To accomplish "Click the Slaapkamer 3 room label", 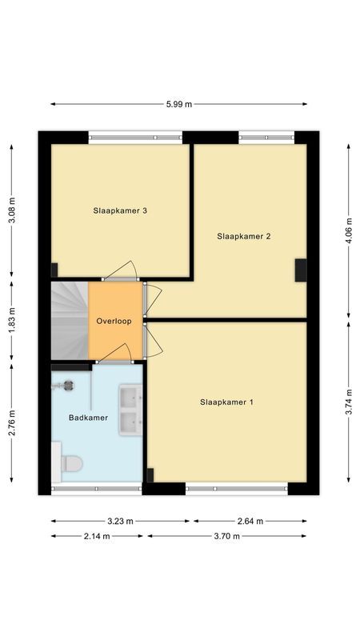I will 121,211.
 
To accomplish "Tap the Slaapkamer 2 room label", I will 245,236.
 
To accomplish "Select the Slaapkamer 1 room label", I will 226,402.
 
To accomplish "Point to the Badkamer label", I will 88,418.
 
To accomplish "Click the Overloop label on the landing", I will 114,321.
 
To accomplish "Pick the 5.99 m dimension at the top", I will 178,104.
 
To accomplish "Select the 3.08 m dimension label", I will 11,210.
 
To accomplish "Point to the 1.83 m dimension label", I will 11,322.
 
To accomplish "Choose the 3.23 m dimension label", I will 120,521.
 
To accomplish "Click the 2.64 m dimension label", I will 249,521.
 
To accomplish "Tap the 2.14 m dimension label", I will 98,536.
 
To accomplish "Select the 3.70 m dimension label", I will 226,536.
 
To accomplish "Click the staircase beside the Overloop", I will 69,321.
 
